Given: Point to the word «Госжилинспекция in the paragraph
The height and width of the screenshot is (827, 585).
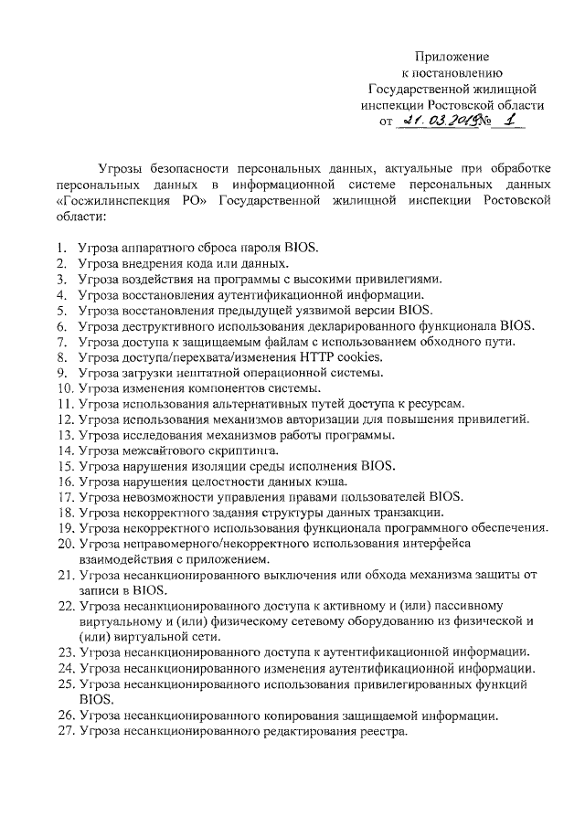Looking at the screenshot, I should pos(114,202).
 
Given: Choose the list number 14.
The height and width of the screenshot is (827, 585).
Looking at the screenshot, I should pos(65,451).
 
